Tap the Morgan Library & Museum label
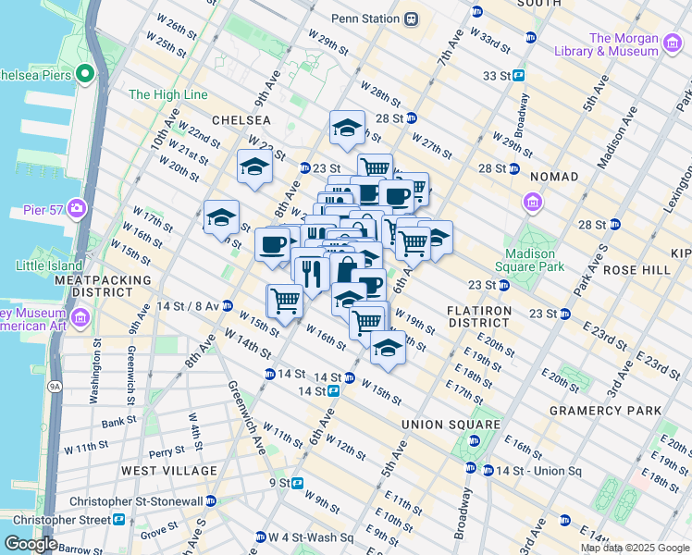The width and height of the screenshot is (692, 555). tap(623, 44)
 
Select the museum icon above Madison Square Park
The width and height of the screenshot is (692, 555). tap(533, 202)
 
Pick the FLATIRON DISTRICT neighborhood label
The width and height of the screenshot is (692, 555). tap(477, 316)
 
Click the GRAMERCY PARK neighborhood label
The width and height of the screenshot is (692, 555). tap(605, 410)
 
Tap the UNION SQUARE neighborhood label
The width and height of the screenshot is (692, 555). tap(442, 425)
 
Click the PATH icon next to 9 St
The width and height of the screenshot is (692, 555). tap(298, 483)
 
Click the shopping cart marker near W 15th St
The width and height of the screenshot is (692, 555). tap(285, 300)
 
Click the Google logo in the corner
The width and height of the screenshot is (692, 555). tap(31, 544)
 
